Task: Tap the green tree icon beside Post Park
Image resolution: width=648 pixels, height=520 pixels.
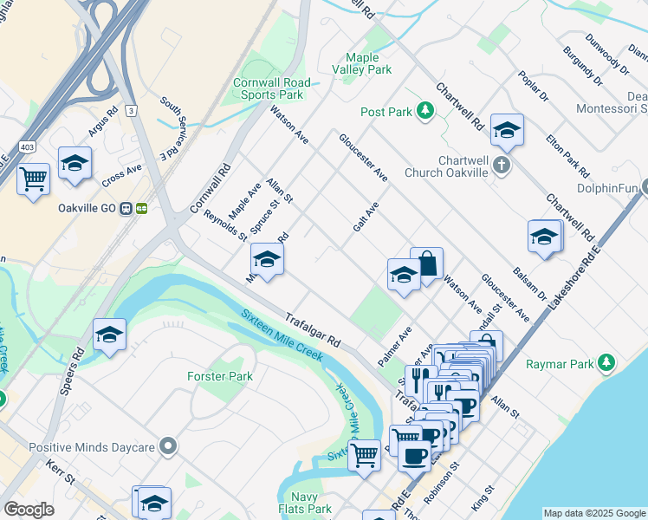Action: (424, 111)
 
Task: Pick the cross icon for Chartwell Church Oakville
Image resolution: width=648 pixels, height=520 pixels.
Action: (502, 165)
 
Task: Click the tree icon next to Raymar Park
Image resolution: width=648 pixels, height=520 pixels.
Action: (609, 362)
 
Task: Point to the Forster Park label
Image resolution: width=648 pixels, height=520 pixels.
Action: (219, 377)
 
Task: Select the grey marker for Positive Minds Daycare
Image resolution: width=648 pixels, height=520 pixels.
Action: (168, 446)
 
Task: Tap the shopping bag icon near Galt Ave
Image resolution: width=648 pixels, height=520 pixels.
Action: (427, 263)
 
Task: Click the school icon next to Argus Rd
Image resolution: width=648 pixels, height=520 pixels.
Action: (75, 162)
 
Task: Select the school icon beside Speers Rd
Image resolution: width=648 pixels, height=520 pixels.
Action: (109, 335)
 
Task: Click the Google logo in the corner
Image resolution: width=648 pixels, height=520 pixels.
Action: (29, 510)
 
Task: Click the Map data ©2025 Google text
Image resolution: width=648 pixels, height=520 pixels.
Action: (594, 513)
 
